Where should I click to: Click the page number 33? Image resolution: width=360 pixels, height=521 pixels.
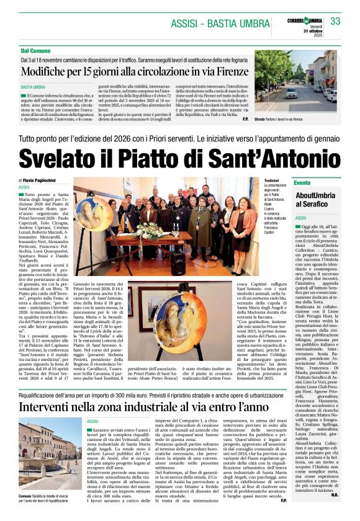click(335, 21)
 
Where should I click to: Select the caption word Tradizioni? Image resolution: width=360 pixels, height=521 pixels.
click(255, 180)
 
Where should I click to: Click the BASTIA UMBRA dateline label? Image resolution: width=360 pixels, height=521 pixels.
click(34, 87)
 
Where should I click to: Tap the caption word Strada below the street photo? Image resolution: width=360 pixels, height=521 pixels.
click(261, 118)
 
